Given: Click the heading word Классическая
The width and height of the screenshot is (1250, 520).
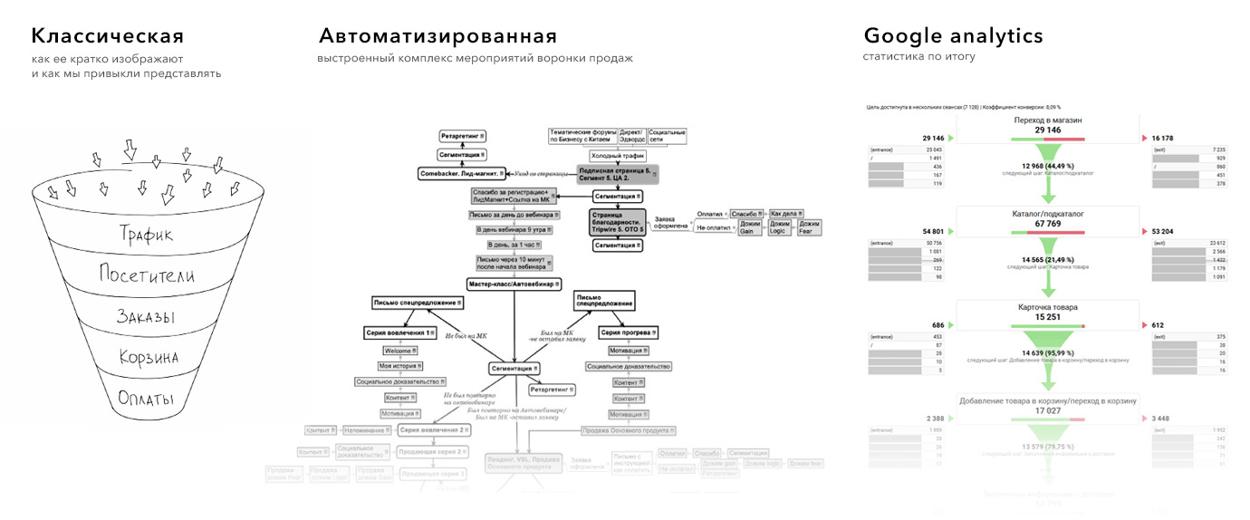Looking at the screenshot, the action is [108, 37].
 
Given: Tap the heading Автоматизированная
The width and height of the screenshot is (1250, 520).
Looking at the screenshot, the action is [437, 37].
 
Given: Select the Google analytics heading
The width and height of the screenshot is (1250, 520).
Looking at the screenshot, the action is [953, 37].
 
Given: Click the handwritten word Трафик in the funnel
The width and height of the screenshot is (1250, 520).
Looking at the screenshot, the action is [146, 234].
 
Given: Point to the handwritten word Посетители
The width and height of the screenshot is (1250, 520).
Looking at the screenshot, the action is [146, 275].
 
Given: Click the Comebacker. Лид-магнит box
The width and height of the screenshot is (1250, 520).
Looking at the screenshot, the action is [461, 172].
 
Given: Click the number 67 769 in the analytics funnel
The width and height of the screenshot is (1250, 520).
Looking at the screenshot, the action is [1047, 224].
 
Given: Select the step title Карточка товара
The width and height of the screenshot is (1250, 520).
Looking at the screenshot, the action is [1047, 307].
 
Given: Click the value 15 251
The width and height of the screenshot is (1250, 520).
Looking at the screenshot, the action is [1047, 317].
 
